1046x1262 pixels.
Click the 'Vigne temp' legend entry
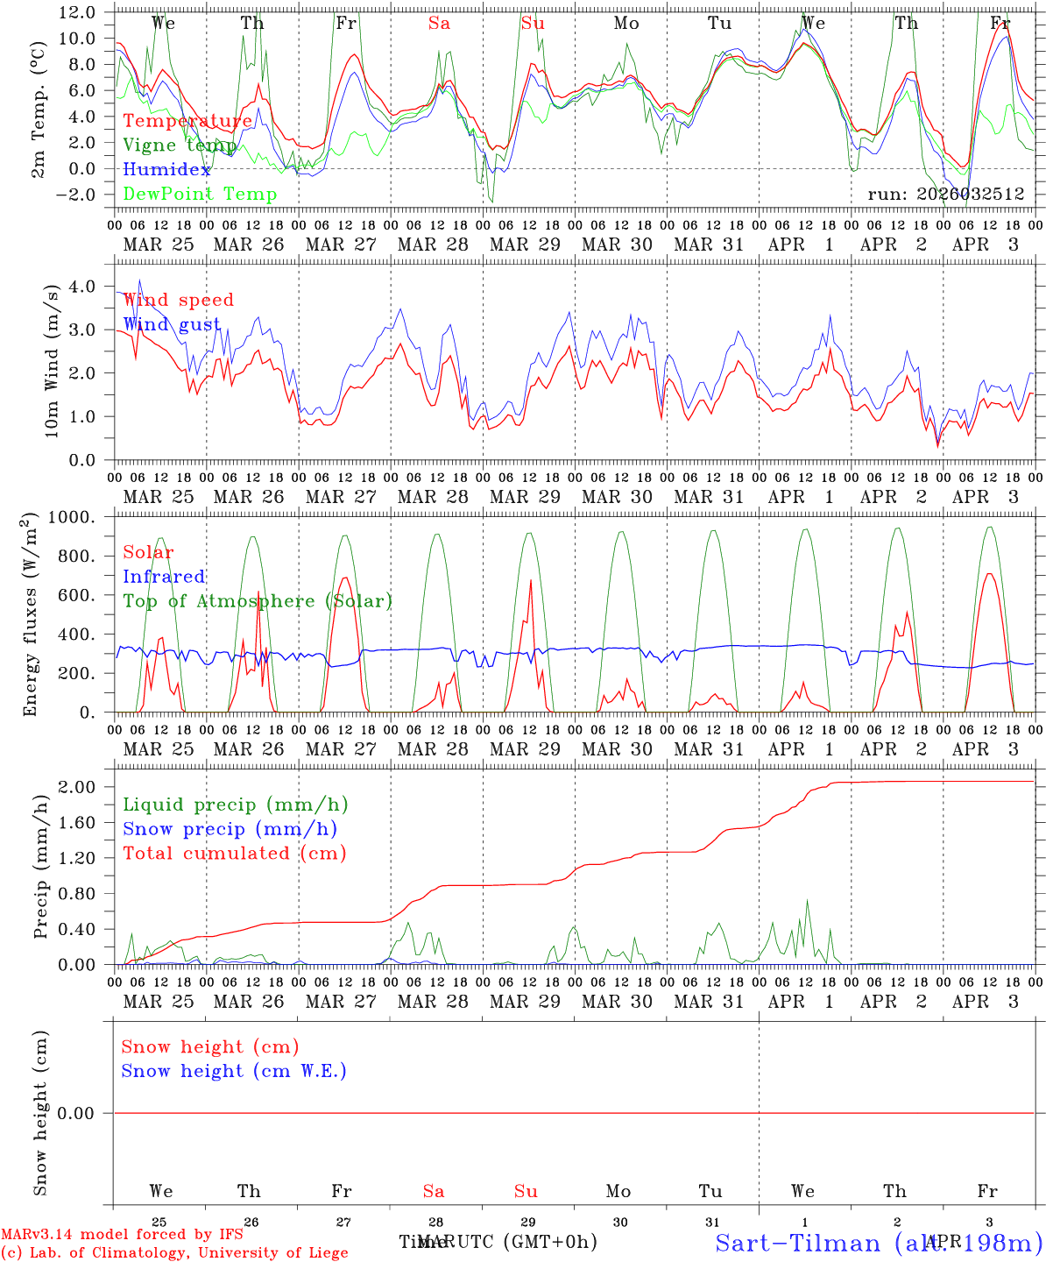click(x=174, y=145)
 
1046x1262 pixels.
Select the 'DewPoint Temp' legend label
click(x=200, y=195)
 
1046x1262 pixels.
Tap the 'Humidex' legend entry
click(x=167, y=170)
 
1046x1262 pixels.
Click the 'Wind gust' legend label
click(x=172, y=324)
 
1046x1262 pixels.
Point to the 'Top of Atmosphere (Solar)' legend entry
click(x=258, y=601)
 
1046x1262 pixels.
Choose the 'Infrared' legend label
click(x=164, y=577)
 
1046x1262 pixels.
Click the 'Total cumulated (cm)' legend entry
click(x=235, y=854)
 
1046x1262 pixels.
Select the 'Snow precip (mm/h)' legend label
click(x=230, y=829)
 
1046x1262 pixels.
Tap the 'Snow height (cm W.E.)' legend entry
click(x=234, y=1071)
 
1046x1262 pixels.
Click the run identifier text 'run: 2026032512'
click(x=945, y=195)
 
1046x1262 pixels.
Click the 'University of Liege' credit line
click(x=174, y=1253)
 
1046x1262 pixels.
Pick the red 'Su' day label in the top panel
click(x=533, y=24)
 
